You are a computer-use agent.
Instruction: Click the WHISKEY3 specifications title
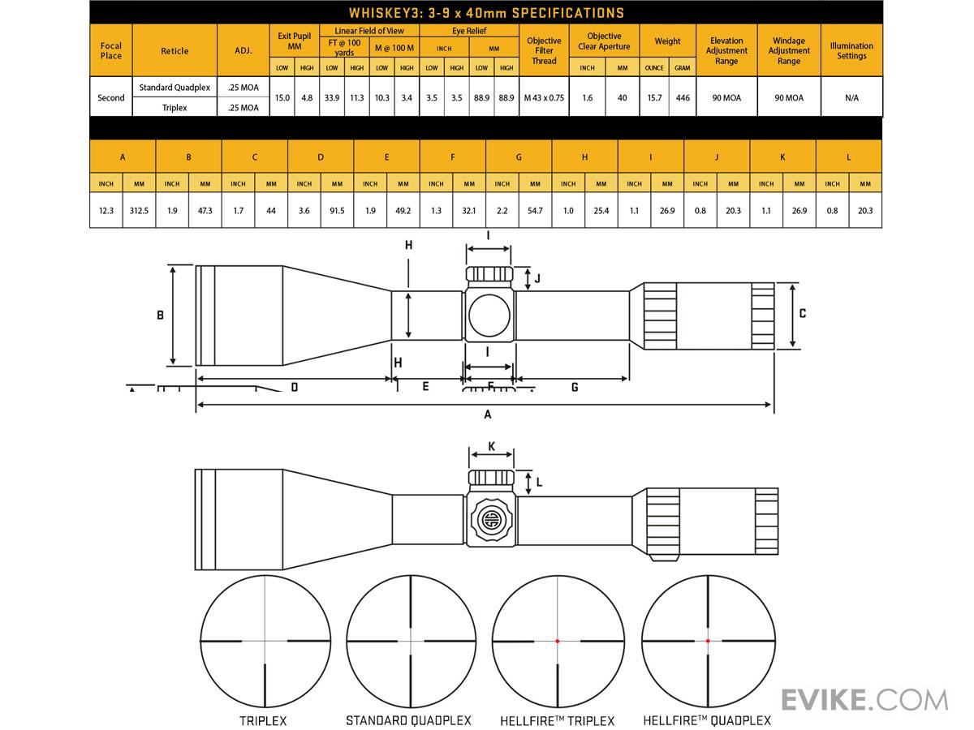(486, 13)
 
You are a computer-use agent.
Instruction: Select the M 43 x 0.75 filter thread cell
(544, 97)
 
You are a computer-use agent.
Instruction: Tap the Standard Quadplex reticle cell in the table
(175, 88)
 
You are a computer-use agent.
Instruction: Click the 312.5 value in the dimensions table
(139, 211)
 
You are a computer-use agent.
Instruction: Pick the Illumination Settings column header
(851, 50)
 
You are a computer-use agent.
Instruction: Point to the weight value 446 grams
(683, 97)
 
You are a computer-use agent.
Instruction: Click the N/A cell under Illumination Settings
(851, 97)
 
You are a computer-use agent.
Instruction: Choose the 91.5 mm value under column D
(337, 211)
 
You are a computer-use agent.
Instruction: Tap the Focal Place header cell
(111, 50)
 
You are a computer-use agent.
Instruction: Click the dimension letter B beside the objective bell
(160, 316)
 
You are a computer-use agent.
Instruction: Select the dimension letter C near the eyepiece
(802, 313)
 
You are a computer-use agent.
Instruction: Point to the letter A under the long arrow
(488, 414)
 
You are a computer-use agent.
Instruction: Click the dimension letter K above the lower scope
(491, 446)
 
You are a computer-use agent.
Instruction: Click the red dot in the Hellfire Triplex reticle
(558, 641)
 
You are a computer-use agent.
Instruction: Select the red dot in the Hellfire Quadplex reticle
(708, 641)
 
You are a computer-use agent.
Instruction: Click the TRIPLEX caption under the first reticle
(263, 721)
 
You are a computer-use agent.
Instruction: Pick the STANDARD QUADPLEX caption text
(408, 721)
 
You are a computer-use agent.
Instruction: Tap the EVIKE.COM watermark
(864, 700)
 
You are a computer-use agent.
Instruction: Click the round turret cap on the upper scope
(489, 316)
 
